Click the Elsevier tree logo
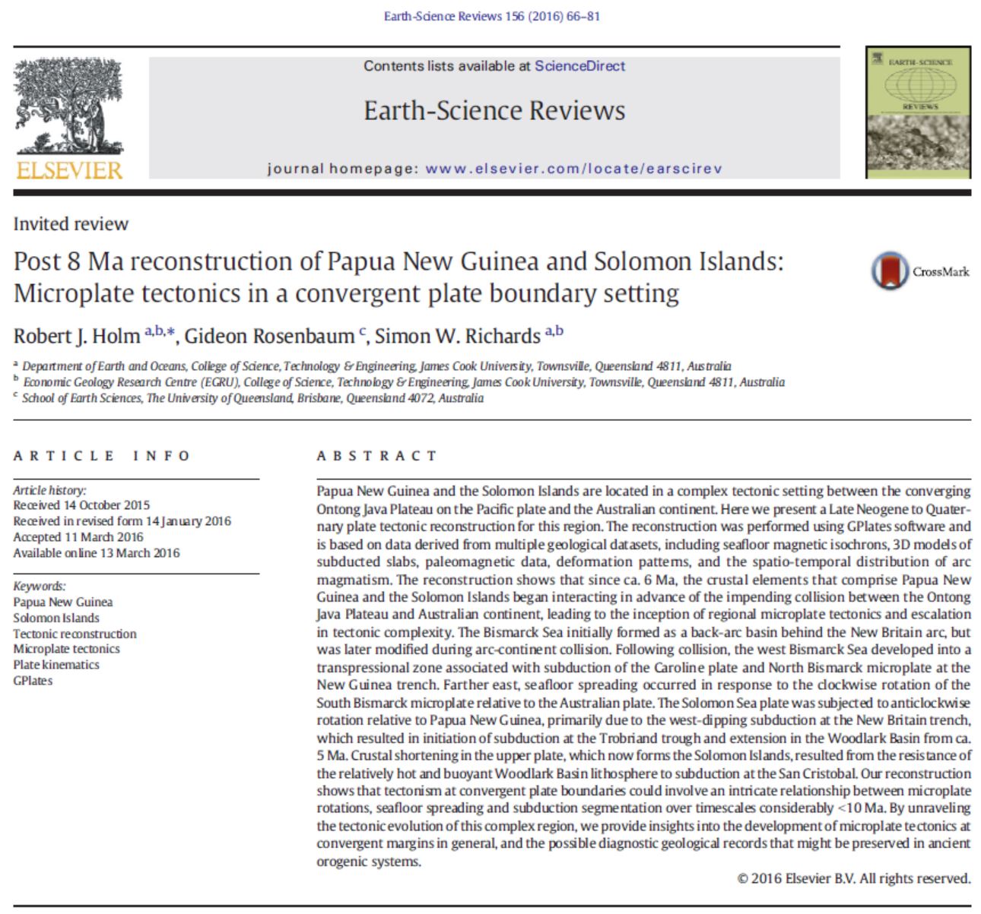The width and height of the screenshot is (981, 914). click(x=68, y=106)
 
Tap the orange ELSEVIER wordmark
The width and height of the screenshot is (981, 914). click(x=69, y=169)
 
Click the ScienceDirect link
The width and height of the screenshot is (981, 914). click(x=579, y=66)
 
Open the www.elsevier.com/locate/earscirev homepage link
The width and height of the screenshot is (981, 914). click(x=573, y=169)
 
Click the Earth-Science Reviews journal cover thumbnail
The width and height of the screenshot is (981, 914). click(x=918, y=112)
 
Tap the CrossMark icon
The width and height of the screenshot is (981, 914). click(x=891, y=271)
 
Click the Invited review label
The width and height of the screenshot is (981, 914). click(x=71, y=224)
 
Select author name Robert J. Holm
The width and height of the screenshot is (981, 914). click(x=77, y=336)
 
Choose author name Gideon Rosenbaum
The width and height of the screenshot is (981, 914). click(x=269, y=336)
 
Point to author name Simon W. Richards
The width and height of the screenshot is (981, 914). click(x=457, y=336)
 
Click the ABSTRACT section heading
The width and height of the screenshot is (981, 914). click(x=376, y=456)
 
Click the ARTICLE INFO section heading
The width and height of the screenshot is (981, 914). click(x=102, y=456)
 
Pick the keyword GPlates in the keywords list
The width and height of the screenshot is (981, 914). click(x=33, y=681)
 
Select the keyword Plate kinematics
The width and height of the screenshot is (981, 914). click(x=56, y=665)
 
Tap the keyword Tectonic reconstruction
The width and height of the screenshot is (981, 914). click(x=75, y=634)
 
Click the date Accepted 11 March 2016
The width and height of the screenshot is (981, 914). click(x=78, y=537)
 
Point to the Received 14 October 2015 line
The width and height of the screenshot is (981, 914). click(x=81, y=505)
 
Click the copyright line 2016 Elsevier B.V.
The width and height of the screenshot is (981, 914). click(x=853, y=879)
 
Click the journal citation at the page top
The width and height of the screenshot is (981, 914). click(x=491, y=16)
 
